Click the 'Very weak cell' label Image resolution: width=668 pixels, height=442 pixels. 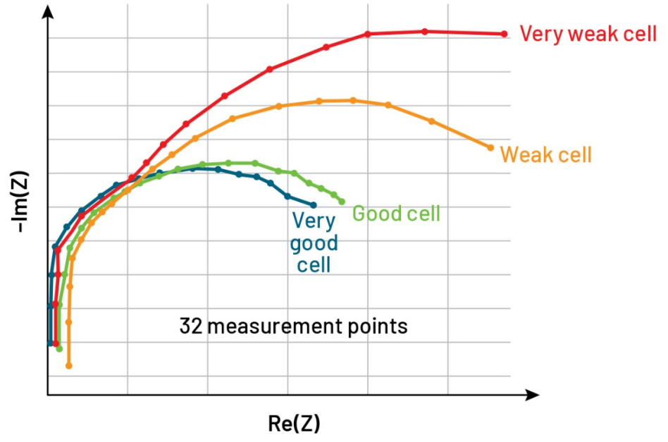[588, 34]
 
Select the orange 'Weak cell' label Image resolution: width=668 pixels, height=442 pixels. [545, 154]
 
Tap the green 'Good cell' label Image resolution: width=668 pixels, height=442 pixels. [396, 213]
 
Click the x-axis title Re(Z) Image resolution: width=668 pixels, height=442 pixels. [294, 423]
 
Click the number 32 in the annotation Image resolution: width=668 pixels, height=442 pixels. [190, 327]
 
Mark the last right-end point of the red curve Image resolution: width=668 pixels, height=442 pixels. [504, 34]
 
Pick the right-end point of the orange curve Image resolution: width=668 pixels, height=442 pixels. [490, 147]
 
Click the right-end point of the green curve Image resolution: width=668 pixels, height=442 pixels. [342, 202]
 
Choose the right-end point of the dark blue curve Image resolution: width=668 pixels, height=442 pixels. [314, 205]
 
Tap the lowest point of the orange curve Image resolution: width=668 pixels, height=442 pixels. [69, 366]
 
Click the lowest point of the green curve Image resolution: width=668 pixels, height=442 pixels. [60, 349]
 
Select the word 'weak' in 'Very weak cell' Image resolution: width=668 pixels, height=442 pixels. [590, 34]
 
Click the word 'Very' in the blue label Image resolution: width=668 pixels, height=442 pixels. [314, 221]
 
